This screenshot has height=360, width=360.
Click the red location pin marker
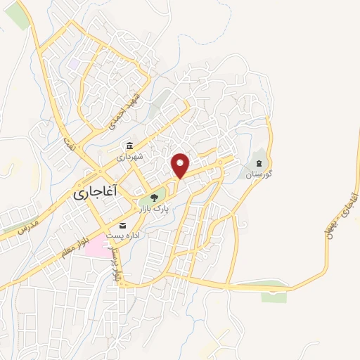(x=181, y=165)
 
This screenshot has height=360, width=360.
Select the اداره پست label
(x=122, y=237)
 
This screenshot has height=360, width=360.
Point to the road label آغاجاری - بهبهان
(x=336, y=223)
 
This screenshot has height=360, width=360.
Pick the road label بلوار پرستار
(x=117, y=264)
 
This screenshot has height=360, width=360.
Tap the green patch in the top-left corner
(x=19, y=18)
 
